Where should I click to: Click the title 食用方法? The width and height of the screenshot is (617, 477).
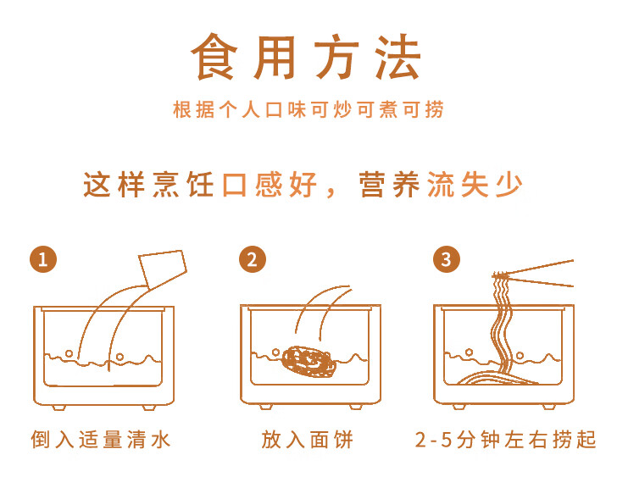306,58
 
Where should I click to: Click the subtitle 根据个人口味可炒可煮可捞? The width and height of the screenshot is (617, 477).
308,109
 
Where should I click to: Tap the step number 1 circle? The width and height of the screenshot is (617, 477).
43,259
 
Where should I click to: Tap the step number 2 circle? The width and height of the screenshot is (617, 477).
253,259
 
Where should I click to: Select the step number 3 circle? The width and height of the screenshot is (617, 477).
446,259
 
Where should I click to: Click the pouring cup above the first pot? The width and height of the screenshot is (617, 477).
163,268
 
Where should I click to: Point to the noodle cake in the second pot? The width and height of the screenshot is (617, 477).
308,361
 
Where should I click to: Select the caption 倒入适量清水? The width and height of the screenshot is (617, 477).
101,439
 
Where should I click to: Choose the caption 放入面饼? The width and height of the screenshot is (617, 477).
308,439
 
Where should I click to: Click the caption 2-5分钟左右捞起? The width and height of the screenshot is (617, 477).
506,439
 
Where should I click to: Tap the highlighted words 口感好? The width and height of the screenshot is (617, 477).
270,185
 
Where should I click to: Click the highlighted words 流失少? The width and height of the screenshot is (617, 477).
475,185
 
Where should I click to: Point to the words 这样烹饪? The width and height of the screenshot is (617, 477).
149,185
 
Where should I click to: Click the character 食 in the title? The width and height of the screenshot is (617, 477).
214,58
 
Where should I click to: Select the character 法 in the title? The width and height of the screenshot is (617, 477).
398,58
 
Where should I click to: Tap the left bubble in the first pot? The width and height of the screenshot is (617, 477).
69,353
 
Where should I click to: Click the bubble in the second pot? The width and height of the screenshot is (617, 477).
275,352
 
